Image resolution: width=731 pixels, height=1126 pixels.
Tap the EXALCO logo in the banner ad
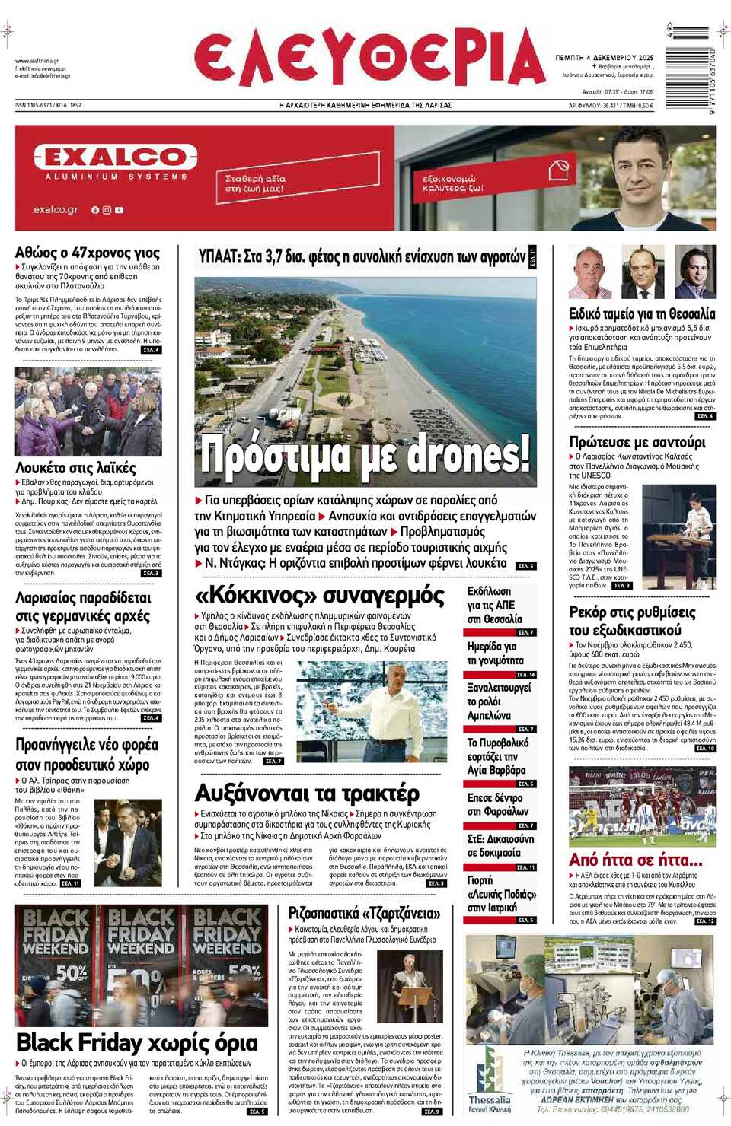click(x=115, y=157)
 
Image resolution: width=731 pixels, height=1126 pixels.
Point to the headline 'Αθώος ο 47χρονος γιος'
click(x=88, y=253)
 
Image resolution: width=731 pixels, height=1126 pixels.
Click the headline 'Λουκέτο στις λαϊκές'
click(x=75, y=468)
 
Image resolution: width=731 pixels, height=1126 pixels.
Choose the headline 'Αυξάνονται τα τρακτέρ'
click(x=307, y=794)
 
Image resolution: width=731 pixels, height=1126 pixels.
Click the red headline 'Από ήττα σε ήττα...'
click(x=635, y=860)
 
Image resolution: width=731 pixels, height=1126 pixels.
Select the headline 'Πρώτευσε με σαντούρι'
click(x=637, y=442)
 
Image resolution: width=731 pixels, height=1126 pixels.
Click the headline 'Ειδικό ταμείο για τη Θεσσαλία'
click(x=641, y=313)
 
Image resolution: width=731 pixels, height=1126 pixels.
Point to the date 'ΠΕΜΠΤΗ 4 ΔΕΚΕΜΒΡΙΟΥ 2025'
click(x=604, y=58)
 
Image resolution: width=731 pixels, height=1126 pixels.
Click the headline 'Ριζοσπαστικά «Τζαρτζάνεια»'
click(x=364, y=913)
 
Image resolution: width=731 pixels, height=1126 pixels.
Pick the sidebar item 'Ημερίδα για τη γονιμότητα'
click(x=495, y=653)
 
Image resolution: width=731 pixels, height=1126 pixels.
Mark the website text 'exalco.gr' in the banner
click(x=56, y=209)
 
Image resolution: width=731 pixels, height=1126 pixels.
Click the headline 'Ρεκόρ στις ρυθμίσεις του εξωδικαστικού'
click(x=631, y=621)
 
